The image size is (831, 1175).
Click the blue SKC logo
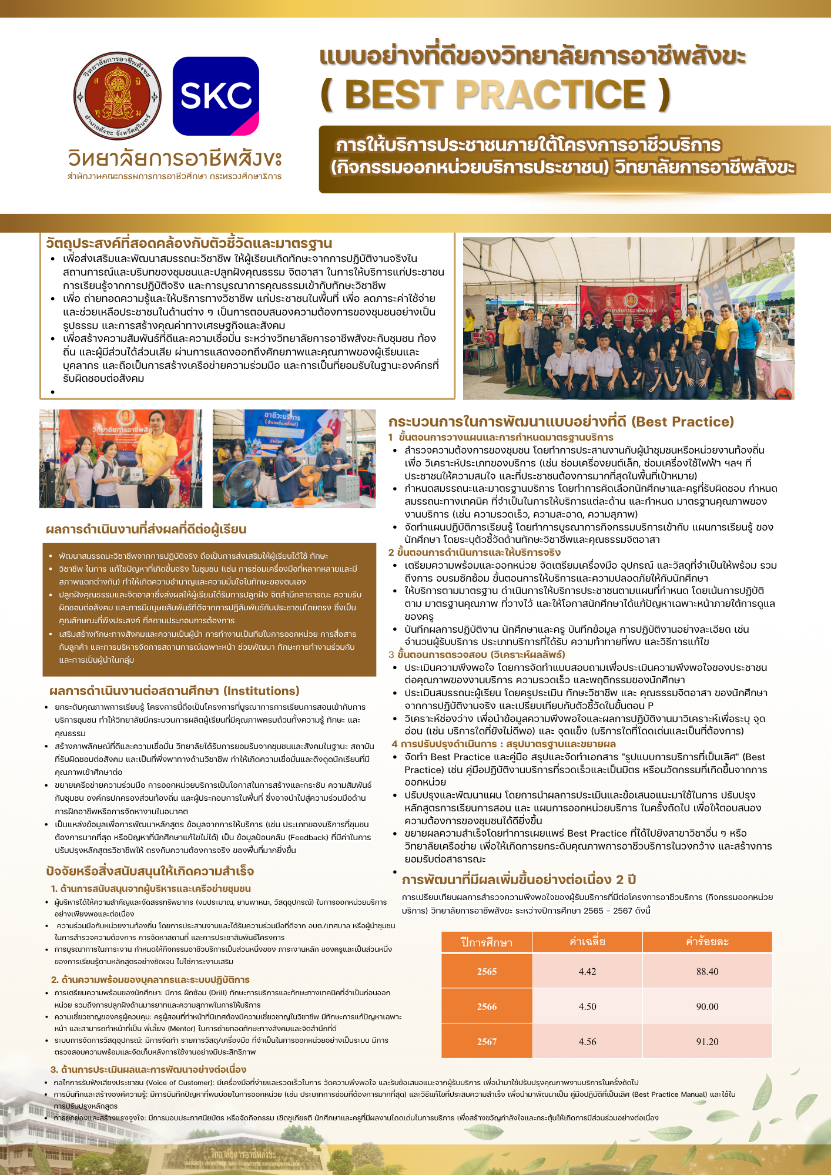click(x=216, y=96)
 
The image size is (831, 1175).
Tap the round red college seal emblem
click(x=118, y=96)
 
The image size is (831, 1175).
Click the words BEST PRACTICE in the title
click(x=495, y=94)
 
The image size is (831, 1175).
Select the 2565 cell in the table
click(x=487, y=971)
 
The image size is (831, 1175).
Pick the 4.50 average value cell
click(x=587, y=1006)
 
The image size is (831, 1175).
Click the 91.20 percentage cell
click(x=707, y=1042)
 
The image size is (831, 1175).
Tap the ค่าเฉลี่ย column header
click(x=587, y=942)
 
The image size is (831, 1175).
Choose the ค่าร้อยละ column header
click(x=707, y=942)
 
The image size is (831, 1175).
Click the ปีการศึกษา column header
click(x=487, y=942)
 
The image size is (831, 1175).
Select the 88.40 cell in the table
click(x=707, y=971)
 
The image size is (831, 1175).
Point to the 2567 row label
click(x=487, y=1042)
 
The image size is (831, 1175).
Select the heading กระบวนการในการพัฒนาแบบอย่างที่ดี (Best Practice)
click(x=561, y=421)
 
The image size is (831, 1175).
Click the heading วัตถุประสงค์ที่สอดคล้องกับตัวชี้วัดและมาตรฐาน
click(x=189, y=243)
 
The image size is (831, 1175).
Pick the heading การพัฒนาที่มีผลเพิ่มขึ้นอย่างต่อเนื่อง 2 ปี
click(x=519, y=879)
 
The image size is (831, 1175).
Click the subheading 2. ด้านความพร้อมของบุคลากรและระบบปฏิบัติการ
click(x=150, y=979)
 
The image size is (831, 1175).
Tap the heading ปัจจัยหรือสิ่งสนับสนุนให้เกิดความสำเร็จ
click(x=150, y=871)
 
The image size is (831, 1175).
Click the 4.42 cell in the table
click(x=587, y=971)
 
